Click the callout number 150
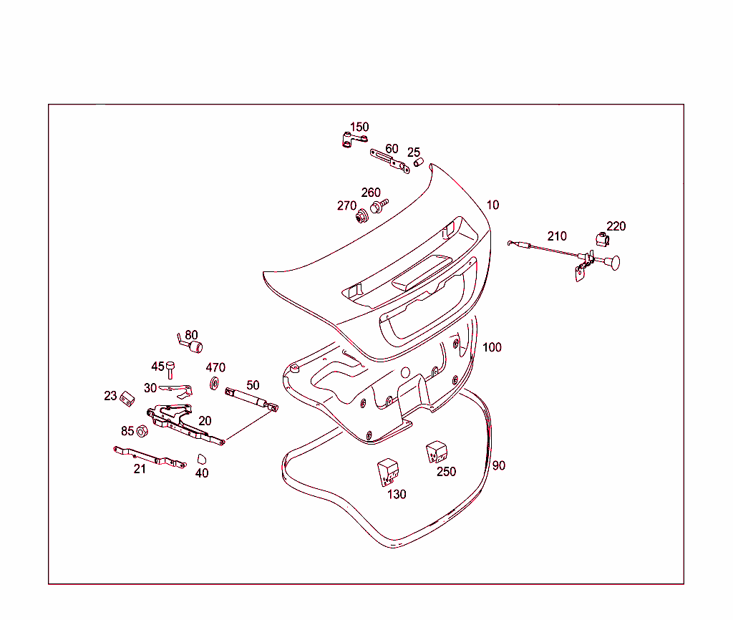coord(359,127)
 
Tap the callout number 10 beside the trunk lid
coord(492,205)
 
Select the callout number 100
coord(492,347)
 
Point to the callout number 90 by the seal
coord(499,465)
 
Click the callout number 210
coord(557,236)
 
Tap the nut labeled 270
coord(362,214)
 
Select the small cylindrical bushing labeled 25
coord(419,163)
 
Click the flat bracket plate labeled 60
coord(387,159)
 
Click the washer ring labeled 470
coord(214,384)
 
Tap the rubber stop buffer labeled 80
coord(193,347)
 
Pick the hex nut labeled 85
coord(142,431)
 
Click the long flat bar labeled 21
coord(150,457)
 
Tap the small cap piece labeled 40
coord(202,458)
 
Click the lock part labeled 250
coord(436,453)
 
